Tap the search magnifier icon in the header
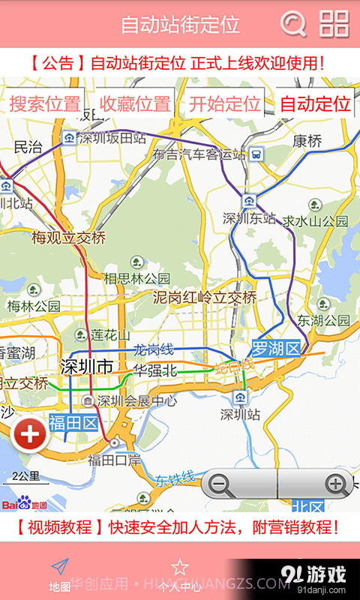[293, 24]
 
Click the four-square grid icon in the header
[334, 24]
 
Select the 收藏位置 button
[135, 104]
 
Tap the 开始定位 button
[224, 104]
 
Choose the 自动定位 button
[315, 104]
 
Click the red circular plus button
[30, 435]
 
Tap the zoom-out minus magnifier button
[220, 484]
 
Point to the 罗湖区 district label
[275, 348]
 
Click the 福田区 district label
[73, 424]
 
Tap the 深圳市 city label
[85, 367]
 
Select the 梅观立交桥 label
[68, 238]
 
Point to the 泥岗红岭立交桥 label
[205, 298]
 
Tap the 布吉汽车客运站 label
[199, 154]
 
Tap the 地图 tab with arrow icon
[60, 574]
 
